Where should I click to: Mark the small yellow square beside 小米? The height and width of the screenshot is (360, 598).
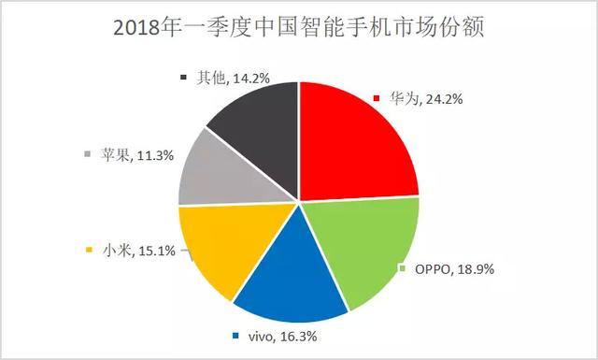(89, 251)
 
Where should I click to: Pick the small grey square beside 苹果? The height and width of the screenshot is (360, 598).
(89, 155)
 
